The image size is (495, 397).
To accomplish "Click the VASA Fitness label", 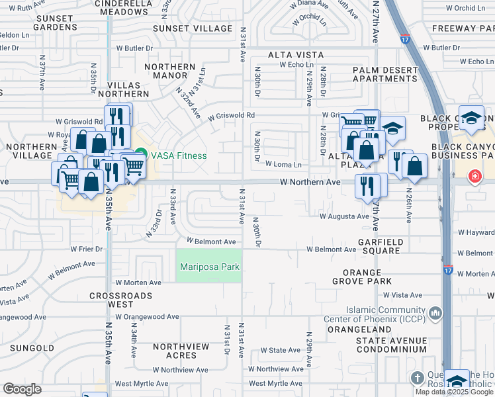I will (179, 156).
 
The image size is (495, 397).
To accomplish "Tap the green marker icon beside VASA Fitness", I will (142, 155).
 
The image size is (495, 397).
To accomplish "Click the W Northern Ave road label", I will (310, 181).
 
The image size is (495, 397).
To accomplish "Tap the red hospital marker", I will (474, 176).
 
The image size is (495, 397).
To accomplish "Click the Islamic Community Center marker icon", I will (435, 312).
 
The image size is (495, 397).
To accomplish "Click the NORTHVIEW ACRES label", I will (181, 351).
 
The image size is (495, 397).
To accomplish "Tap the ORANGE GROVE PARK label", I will (367, 277).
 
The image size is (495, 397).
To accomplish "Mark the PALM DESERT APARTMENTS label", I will (384, 74).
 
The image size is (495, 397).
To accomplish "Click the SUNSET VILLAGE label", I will (193, 28).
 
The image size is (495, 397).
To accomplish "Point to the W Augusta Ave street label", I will (343, 216).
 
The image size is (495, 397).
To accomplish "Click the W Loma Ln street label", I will (283, 165).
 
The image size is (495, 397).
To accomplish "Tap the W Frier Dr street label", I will (87, 249).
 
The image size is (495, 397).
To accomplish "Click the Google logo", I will (22, 389).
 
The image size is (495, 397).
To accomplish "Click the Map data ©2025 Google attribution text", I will (454, 392).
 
